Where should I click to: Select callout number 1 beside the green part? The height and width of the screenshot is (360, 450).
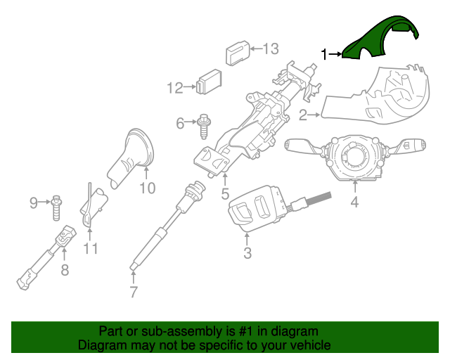pyautogui.click(x=324, y=54)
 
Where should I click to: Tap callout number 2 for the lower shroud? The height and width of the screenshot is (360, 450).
pyautogui.click(x=302, y=114)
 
